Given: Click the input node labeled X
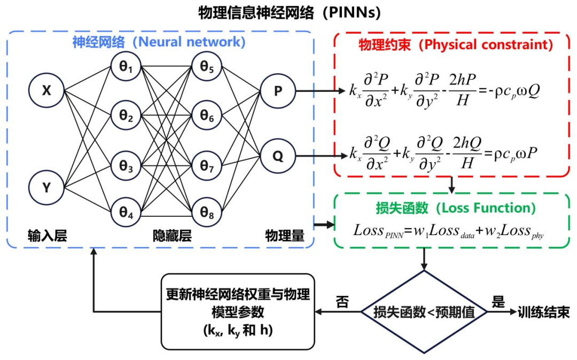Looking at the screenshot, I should (47, 90).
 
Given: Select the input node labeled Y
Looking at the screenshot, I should (47, 187).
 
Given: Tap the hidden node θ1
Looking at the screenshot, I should (126, 67).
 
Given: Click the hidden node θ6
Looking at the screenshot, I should (207, 116).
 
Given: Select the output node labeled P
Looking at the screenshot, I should (278, 90).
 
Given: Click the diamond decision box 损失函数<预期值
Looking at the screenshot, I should (424, 312).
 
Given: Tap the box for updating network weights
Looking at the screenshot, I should (238, 311).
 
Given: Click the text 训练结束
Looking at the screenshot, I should (543, 312).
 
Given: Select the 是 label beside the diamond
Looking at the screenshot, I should (498, 302).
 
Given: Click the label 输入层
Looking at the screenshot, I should (47, 236).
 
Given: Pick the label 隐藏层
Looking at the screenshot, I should (172, 236).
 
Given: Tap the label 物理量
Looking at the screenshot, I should (285, 236).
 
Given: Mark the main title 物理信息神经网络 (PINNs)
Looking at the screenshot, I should (289, 12).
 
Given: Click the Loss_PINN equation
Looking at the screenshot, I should (448, 231).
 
